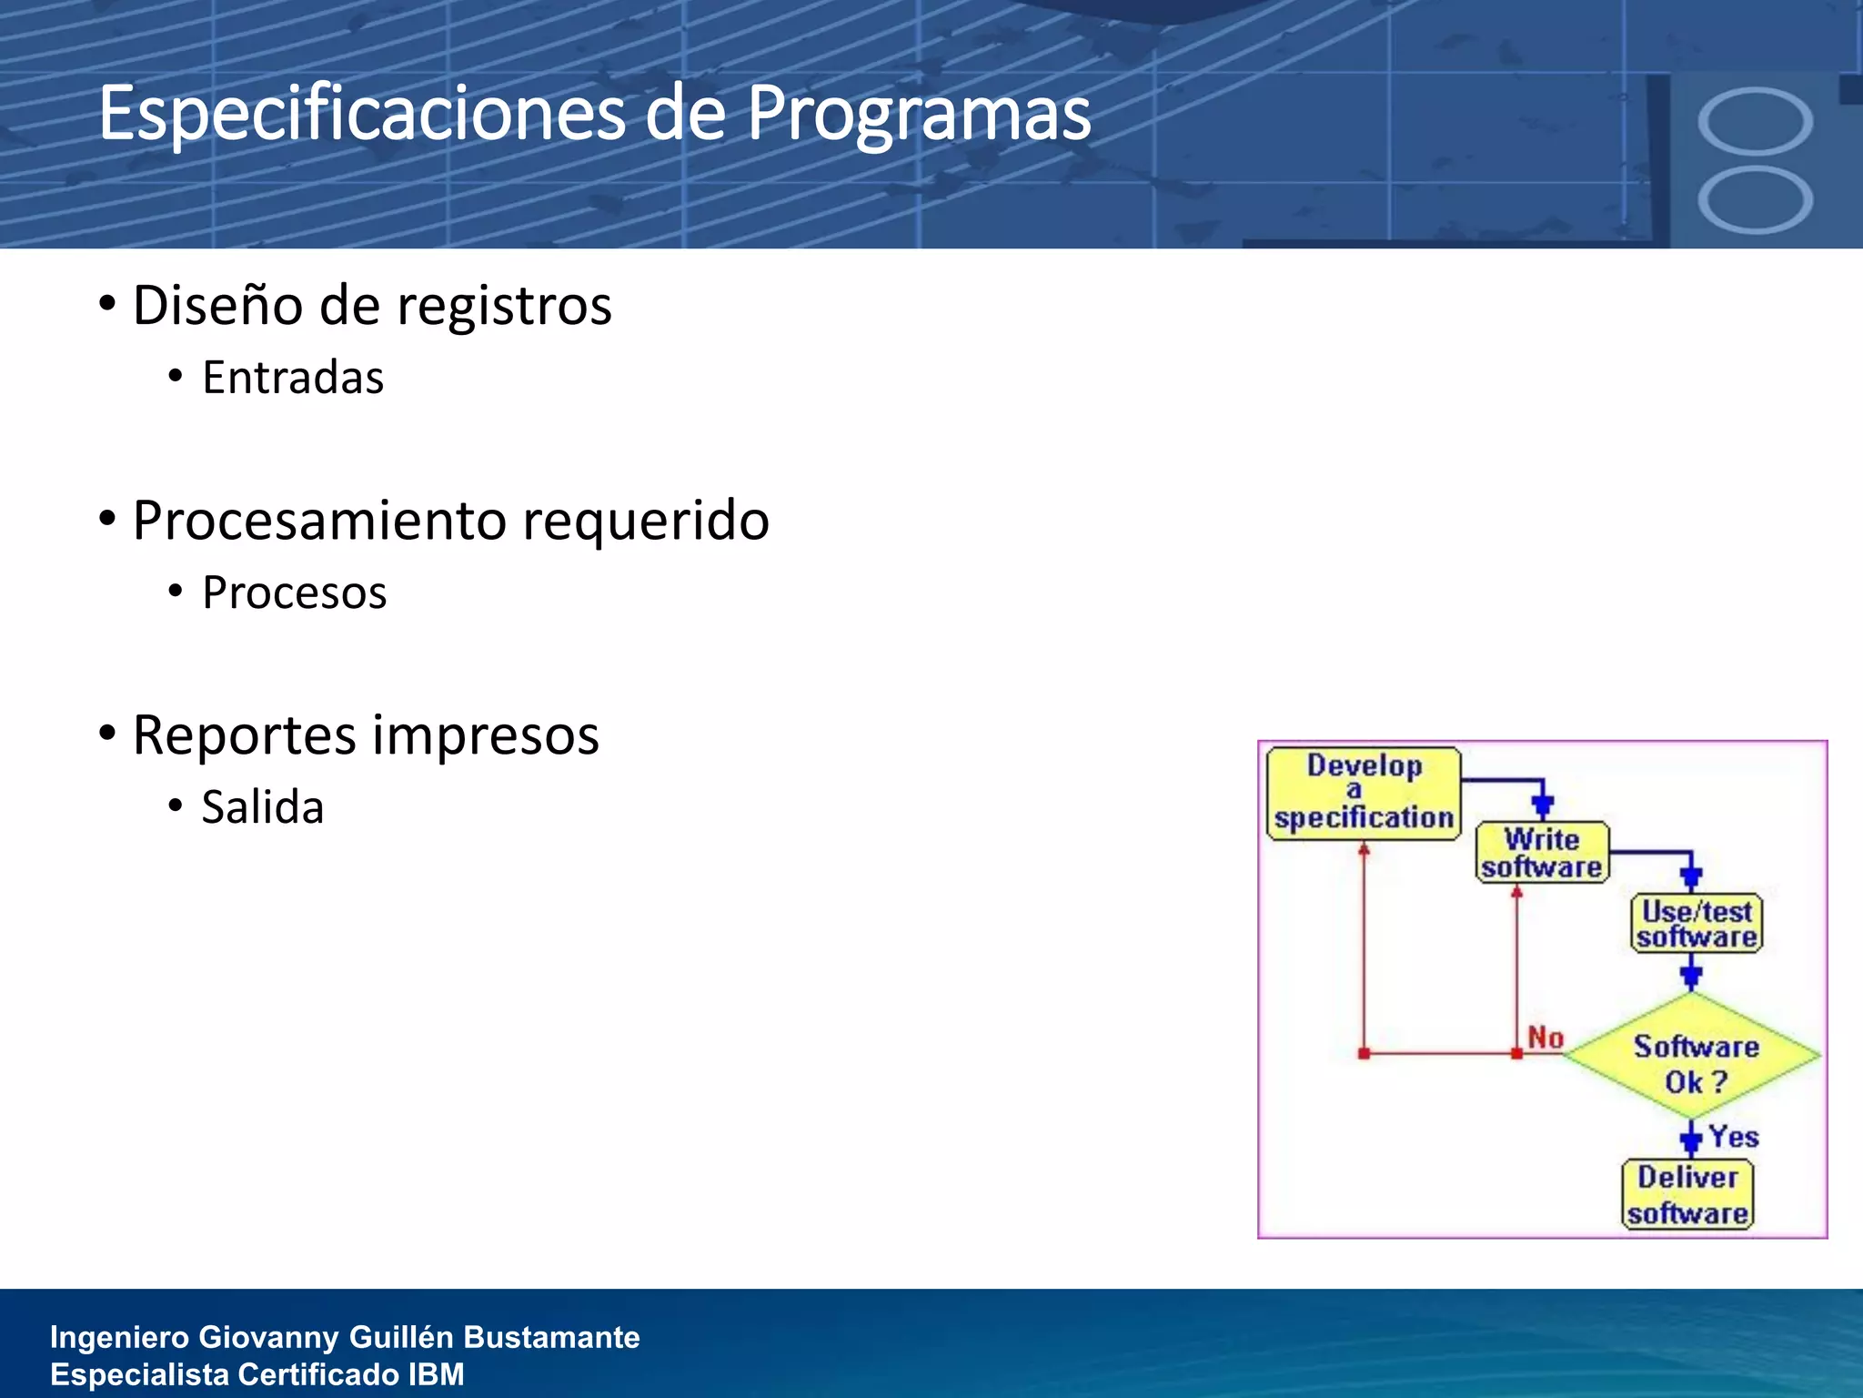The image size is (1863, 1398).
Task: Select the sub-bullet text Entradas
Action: [293, 378]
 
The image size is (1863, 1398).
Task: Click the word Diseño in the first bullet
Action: [217, 306]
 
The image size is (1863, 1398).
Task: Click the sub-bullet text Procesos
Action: [295, 593]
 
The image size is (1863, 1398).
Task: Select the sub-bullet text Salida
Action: [263, 807]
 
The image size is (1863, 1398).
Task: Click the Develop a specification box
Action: [1363, 793]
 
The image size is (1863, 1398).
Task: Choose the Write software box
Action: [1542, 853]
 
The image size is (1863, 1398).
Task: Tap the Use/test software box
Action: [1697, 924]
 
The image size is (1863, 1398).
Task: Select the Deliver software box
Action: [1688, 1195]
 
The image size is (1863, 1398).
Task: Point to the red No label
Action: [1546, 1038]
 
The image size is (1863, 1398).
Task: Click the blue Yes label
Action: [1733, 1137]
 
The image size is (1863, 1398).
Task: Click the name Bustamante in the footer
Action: [551, 1337]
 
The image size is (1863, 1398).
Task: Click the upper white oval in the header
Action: [1755, 121]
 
